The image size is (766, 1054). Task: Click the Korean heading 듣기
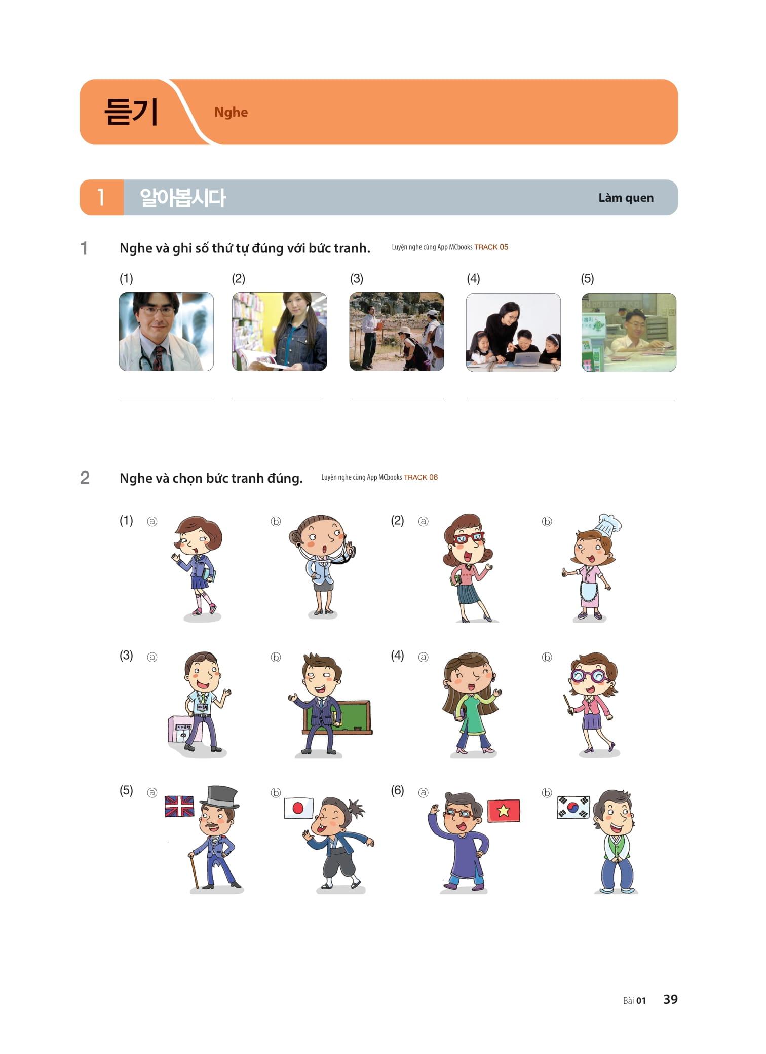pos(131,112)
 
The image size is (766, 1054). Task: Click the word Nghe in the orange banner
pos(231,112)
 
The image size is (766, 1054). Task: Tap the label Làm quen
pos(626,198)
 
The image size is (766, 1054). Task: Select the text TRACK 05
pos(491,247)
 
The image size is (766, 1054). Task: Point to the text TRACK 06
pos(420,477)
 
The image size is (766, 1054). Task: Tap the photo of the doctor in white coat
pos(166,332)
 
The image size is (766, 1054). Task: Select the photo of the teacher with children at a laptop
pos(513,332)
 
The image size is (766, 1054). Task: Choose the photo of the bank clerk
pos(629,332)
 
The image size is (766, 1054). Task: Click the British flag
pos(179,806)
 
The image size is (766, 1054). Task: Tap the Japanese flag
pos(298,808)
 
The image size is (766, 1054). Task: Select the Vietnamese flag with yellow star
pos(504,811)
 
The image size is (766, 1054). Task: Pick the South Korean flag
pos(573,807)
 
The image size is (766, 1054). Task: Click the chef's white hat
pos(608,525)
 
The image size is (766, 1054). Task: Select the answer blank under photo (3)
pos(396,399)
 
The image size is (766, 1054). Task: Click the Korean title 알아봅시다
pos(182,198)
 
